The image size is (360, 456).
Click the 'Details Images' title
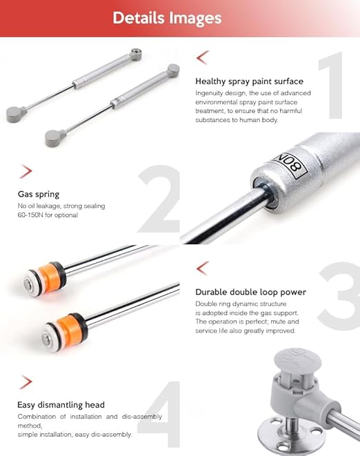167,18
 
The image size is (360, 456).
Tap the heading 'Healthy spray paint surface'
249,81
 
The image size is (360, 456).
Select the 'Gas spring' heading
39,195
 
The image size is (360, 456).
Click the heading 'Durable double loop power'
250,292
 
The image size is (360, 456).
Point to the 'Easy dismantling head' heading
61,405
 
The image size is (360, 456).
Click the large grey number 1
330,86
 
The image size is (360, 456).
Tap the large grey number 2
159,199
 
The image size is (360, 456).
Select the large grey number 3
339,296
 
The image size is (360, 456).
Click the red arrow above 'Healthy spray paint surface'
203,57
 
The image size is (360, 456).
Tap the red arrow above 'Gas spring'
26,171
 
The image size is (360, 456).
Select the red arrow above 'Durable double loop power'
203,268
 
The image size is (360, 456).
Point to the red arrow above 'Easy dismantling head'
26,382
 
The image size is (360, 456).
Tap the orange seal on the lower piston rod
69,330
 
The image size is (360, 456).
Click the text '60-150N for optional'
48,215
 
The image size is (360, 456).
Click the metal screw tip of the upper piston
28,283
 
